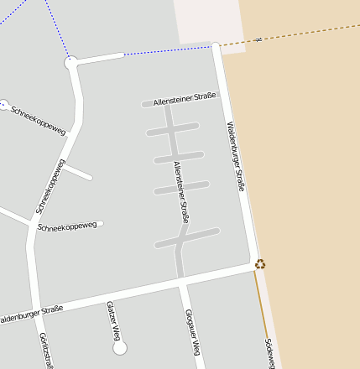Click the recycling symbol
pyautogui.click(x=260, y=264)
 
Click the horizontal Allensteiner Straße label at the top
pyautogui.click(x=185, y=98)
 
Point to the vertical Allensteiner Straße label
pyautogui.click(x=181, y=192)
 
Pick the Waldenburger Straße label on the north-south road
pyautogui.click(x=236, y=156)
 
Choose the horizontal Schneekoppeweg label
pyautogui.click(x=67, y=226)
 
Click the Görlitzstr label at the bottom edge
pyautogui.click(x=47, y=351)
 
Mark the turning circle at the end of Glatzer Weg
pyautogui.click(x=119, y=347)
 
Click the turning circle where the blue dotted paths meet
pyautogui.click(x=70, y=62)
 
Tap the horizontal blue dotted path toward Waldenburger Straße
pyautogui.click(x=168, y=50)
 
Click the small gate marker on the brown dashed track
pyautogui.click(x=258, y=39)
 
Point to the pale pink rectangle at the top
pyautogui.click(x=206, y=22)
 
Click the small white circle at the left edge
pyautogui.click(x=3, y=105)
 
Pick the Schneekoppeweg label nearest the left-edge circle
pyautogui.click(x=39, y=120)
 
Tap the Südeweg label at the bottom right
pyautogui.click(x=269, y=353)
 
